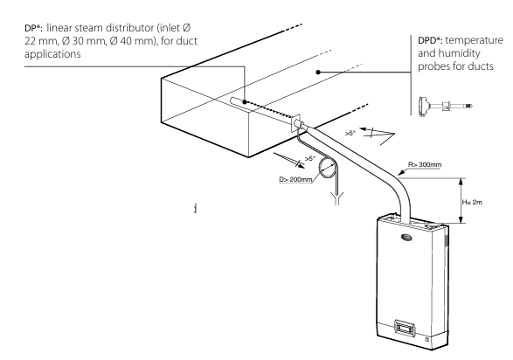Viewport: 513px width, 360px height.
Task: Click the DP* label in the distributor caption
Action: pos(33,28)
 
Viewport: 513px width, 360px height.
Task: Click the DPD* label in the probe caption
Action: pos(430,40)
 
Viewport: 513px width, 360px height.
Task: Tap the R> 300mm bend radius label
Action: pos(425,164)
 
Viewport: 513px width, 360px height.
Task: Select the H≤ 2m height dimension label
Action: pos(472,202)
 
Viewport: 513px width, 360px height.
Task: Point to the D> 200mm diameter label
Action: pos(295,179)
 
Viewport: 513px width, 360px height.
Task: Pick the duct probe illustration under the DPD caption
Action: pos(446,106)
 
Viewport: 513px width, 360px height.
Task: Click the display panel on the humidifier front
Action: pos(405,327)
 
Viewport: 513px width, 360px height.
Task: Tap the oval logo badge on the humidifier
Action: pos(406,237)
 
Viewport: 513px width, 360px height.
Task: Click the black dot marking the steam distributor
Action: pos(245,102)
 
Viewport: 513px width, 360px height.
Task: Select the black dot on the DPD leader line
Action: pos(318,72)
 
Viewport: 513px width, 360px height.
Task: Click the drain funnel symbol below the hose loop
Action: pos(337,197)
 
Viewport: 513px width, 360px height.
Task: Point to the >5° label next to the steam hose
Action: pos(350,133)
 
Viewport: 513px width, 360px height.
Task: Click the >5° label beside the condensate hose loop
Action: pos(310,158)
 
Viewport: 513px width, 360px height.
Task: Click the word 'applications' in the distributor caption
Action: pos(52,54)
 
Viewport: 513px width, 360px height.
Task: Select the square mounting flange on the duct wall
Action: pos(295,123)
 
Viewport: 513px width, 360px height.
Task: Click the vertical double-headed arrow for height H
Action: pos(461,201)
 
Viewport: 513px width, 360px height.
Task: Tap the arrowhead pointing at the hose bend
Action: pos(399,173)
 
